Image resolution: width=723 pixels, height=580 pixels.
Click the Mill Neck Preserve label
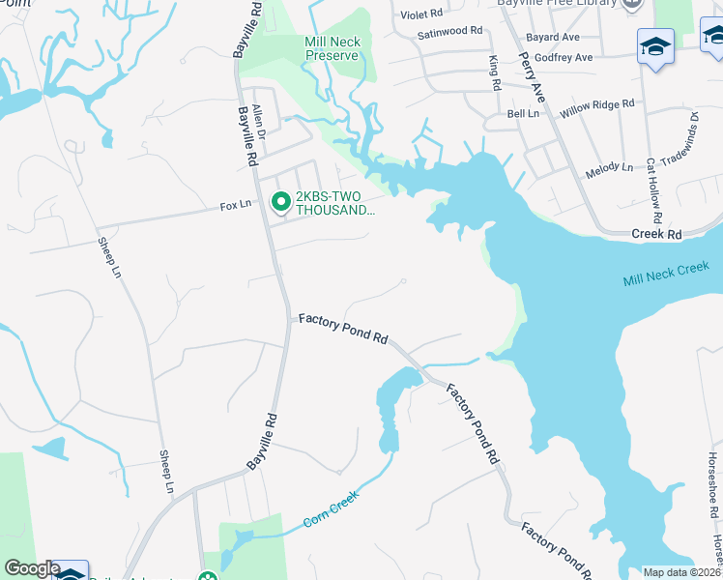pos(332,49)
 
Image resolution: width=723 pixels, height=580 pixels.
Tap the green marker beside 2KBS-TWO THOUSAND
pos(281,202)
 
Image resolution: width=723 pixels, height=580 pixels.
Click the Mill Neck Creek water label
pos(666,274)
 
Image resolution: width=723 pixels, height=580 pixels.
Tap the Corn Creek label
pos(331,508)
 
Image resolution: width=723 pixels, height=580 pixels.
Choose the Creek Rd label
pos(656,234)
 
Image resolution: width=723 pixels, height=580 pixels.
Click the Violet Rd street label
pos(420,14)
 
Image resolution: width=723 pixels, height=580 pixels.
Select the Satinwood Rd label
pos(449,32)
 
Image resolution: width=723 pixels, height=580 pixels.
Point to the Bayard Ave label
pos(552,38)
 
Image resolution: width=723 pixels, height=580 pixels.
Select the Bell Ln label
pos(523,114)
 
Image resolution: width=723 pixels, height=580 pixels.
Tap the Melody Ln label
pos(609,169)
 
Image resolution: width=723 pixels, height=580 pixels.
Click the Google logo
pos(32,568)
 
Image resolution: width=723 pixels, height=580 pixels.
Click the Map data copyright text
pos(682,572)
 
